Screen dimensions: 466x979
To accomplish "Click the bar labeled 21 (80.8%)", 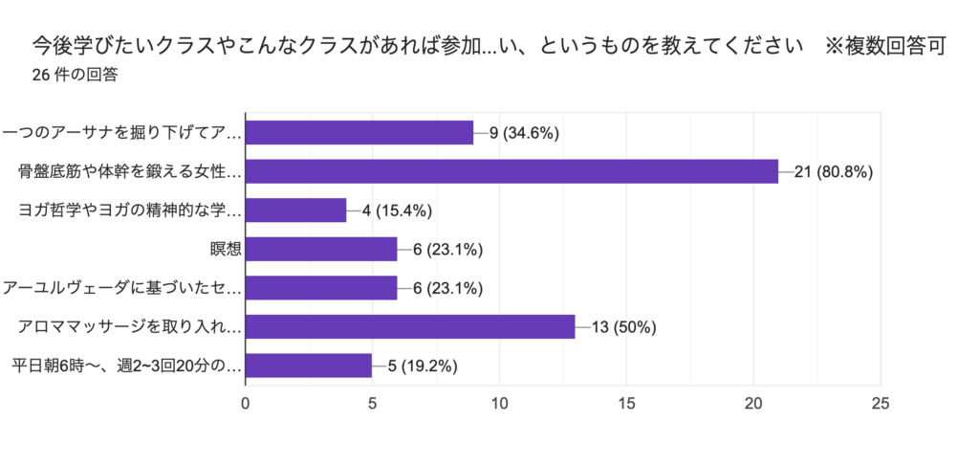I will point(511,171).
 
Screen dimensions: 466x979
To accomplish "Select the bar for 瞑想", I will point(321,250).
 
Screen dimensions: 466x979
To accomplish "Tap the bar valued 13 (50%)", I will point(410,327).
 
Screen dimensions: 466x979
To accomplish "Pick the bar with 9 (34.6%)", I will point(359,133).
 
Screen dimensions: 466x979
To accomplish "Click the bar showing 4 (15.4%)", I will point(296,211).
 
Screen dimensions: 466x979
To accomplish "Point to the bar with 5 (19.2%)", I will point(309,366).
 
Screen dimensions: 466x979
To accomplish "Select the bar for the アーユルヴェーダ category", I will point(321,288).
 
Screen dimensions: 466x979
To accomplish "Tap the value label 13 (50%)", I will point(624,327).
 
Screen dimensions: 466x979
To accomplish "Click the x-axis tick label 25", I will point(881,404).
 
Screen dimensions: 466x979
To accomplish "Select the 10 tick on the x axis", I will point(500,404).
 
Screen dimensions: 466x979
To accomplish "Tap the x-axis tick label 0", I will point(247,404).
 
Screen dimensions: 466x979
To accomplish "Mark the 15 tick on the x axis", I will point(626,404).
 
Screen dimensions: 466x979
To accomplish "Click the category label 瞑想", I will point(226,250).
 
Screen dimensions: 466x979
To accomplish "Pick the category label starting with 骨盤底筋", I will point(130,172).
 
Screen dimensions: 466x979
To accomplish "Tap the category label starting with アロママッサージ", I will point(130,327).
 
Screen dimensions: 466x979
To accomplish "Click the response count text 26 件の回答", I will point(75,75).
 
